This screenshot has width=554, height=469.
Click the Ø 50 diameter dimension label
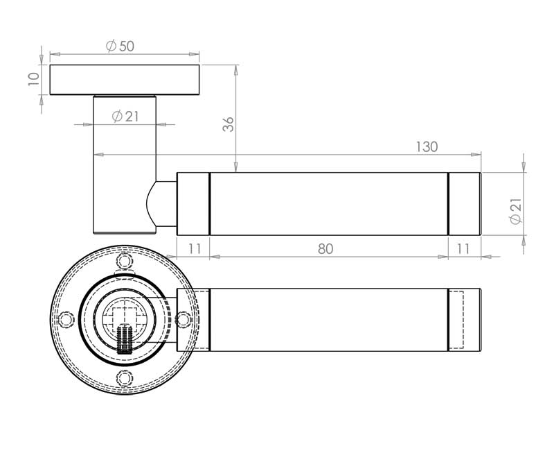(x=120, y=46)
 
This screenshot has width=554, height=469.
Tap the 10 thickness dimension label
(x=33, y=79)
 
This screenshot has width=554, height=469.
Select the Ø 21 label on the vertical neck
(x=125, y=117)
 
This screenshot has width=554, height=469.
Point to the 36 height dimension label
(x=229, y=124)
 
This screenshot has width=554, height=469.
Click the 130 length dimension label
(x=427, y=146)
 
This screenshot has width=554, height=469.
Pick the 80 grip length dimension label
(x=325, y=249)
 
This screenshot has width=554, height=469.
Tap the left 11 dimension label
(x=195, y=249)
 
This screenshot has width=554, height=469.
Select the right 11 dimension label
(x=463, y=249)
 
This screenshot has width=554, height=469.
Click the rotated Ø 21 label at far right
(x=515, y=211)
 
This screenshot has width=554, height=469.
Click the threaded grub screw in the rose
(x=125, y=339)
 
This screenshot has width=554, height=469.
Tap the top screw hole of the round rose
(x=125, y=262)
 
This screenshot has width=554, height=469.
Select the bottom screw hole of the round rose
(x=125, y=377)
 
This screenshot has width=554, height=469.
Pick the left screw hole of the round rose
(x=66, y=319)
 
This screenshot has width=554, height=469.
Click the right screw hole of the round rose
(x=182, y=319)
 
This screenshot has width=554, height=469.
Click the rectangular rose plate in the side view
(x=125, y=80)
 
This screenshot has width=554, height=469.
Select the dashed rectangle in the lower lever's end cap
(x=456, y=320)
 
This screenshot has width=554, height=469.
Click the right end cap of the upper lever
(x=465, y=204)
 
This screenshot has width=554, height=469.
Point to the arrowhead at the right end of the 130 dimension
(x=476, y=154)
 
